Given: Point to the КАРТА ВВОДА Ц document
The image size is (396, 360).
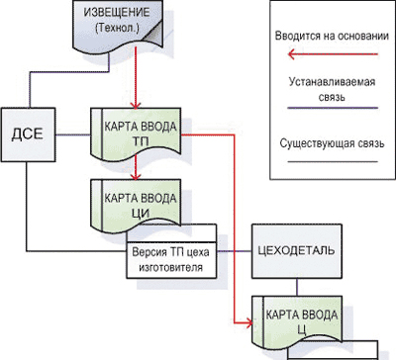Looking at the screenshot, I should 297,322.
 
